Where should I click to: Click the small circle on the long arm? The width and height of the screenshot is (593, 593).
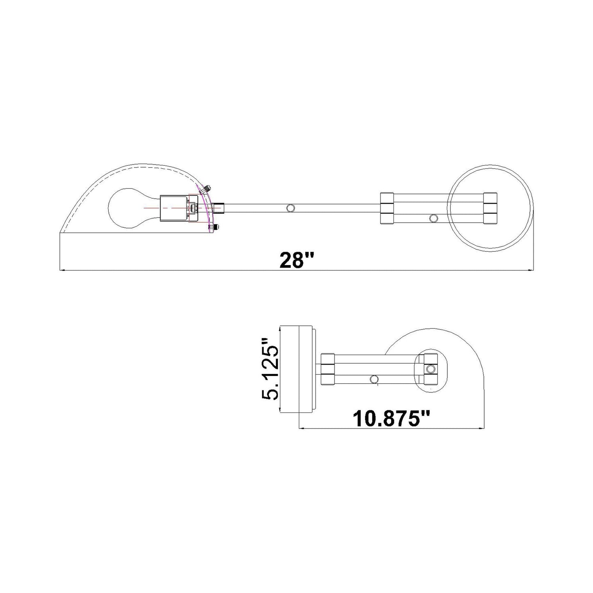pos(290,208)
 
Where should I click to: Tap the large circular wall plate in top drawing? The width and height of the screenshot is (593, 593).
pos(490,208)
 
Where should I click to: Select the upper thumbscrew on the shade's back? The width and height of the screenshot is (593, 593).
pos(206,189)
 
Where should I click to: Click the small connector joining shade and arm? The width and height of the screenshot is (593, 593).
pos(219,208)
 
